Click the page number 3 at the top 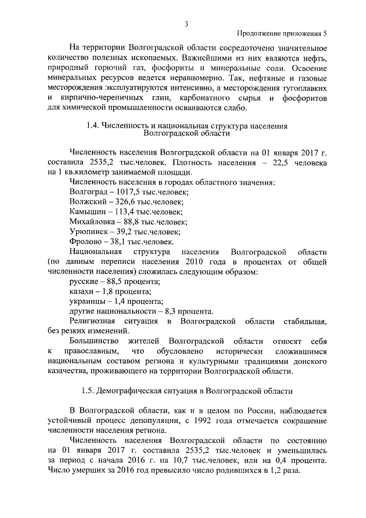(x=186, y=23)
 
